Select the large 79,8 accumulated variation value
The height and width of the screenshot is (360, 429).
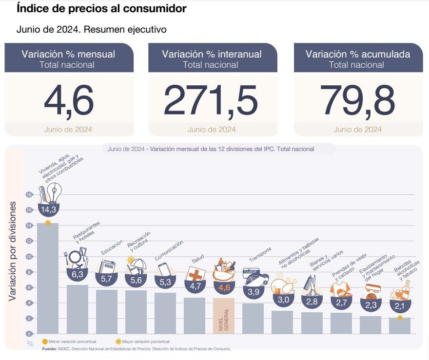pos(358,101)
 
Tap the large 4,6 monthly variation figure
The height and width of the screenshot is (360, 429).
pos(69,101)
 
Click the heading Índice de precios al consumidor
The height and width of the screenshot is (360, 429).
pos(101,9)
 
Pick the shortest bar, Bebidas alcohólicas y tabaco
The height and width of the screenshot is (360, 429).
pos(400,326)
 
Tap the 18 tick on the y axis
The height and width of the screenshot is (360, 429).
pos(29,194)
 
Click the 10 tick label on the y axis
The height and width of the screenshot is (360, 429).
pos(29,256)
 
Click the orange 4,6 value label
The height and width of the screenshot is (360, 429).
pos(224,287)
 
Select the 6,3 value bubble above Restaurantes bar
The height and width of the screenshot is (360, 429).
pos(77,275)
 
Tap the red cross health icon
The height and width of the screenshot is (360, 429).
pos(196,274)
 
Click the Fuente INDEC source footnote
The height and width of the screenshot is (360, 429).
pos(136,349)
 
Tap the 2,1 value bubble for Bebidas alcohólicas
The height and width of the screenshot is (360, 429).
pos(400,306)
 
